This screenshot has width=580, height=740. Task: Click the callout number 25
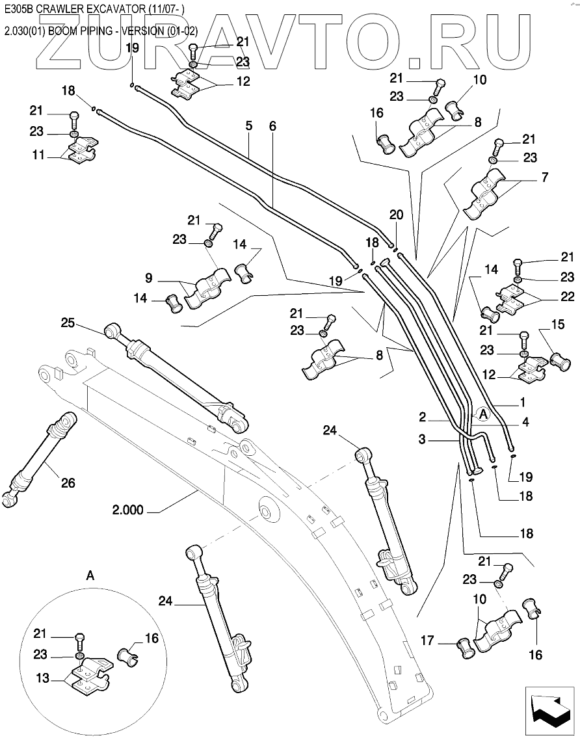click(x=68, y=323)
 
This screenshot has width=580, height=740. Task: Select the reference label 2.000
click(x=127, y=510)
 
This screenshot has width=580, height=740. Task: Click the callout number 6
click(x=273, y=126)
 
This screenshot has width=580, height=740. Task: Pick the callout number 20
click(x=397, y=215)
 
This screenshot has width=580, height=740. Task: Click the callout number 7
click(x=545, y=178)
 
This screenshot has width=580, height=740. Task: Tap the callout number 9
click(x=149, y=278)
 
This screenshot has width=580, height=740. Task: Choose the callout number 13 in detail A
click(x=42, y=678)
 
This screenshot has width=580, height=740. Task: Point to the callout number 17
click(x=427, y=641)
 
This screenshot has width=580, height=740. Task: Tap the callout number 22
click(x=567, y=297)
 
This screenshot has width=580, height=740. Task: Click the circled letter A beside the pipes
click(x=482, y=414)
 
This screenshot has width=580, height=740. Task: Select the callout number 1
click(x=522, y=402)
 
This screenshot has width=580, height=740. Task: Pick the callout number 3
click(x=422, y=440)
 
